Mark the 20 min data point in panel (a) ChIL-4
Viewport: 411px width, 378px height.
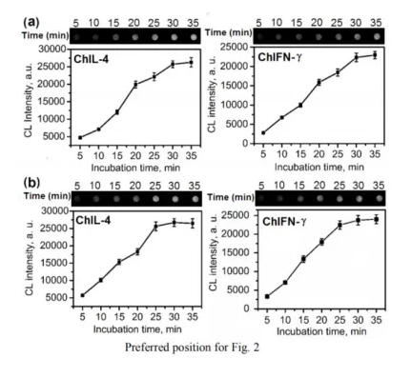coord(134,85)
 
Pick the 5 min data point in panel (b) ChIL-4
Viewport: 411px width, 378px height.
coord(81,295)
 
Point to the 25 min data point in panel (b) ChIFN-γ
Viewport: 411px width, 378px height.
coord(339,225)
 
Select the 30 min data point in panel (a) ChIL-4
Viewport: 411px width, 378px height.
coord(174,64)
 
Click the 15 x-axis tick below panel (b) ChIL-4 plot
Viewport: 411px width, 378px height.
coord(119,316)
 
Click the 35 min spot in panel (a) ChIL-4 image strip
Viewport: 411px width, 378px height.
coord(193,31)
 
